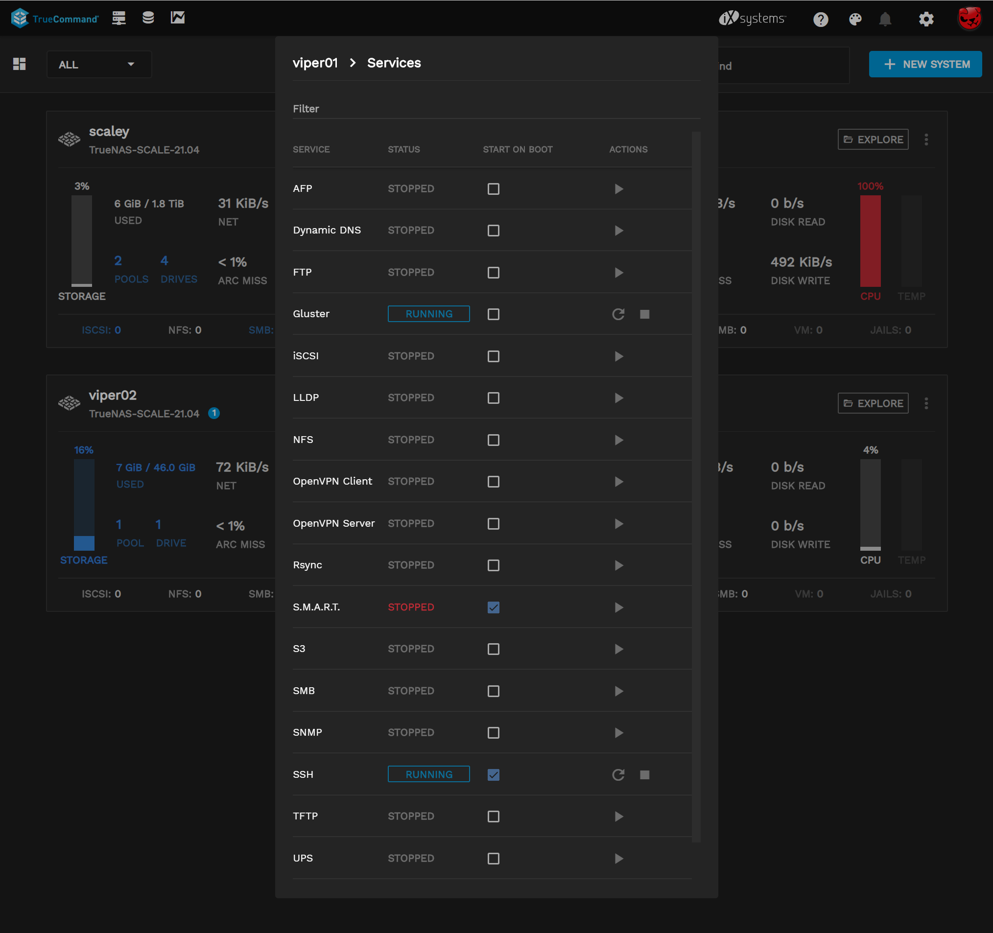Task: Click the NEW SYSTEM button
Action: pos(925,65)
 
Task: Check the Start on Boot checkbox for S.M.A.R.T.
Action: pos(494,607)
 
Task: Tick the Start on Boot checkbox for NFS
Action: pos(494,440)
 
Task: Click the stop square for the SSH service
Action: pos(644,775)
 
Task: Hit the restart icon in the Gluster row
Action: pos(618,314)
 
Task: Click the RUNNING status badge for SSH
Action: pos(428,774)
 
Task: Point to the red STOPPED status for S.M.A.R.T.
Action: pos(411,607)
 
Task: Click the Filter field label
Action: pos(306,109)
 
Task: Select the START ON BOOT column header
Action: pos(518,149)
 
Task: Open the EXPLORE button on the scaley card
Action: pos(873,140)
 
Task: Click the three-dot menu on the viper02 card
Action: pos(926,403)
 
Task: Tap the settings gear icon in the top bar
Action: pos(926,19)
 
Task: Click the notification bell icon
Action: pos(885,19)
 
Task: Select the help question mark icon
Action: pos(821,19)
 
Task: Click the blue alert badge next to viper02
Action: pos(214,413)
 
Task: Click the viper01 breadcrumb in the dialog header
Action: pos(315,63)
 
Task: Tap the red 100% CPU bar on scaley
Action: pos(870,240)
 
